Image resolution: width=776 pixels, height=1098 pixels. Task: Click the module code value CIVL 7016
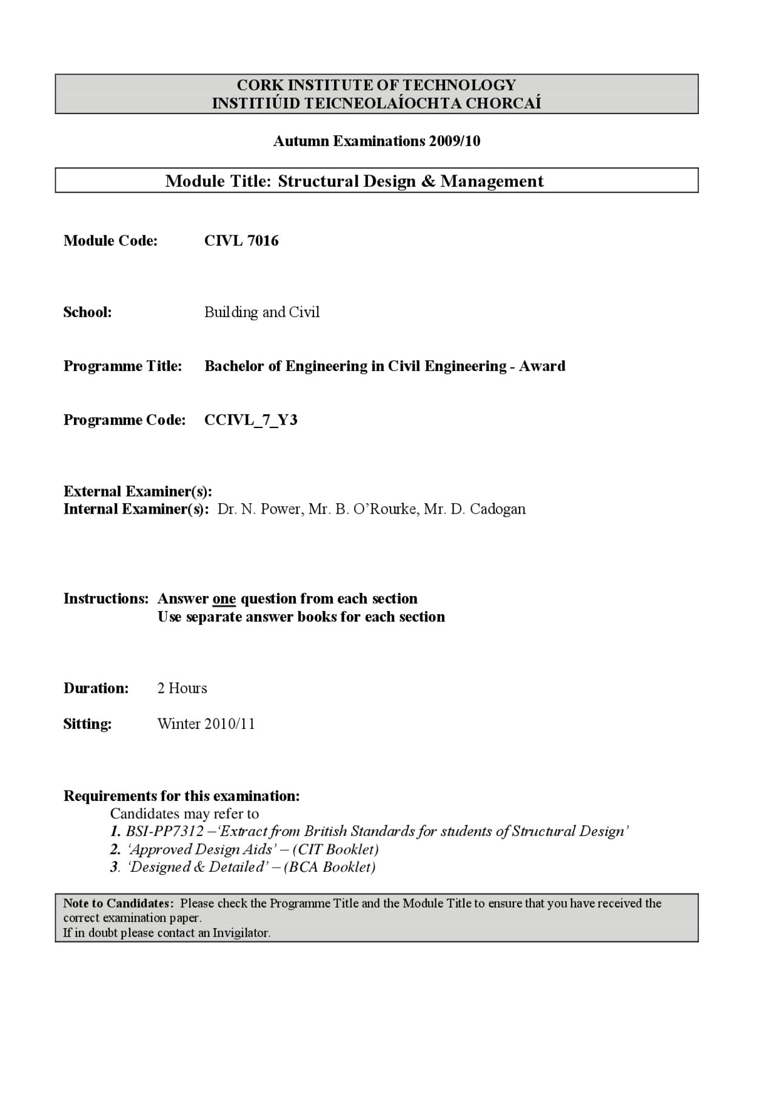(x=241, y=241)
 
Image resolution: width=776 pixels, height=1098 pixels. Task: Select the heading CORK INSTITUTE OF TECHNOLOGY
(x=376, y=85)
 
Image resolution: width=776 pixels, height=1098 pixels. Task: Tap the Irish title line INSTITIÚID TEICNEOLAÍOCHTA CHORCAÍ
(x=376, y=103)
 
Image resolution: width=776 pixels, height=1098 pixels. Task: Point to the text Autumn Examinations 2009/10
(x=376, y=141)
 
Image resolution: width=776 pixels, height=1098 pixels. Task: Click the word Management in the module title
(x=492, y=181)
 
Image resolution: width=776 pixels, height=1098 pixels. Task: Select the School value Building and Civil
(x=261, y=312)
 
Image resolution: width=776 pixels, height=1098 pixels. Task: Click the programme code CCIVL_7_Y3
(x=250, y=420)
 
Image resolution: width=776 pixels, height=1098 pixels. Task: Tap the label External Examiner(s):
(x=138, y=491)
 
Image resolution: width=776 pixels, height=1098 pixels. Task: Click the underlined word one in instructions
(x=224, y=599)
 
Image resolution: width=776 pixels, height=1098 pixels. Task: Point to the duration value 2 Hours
(x=182, y=688)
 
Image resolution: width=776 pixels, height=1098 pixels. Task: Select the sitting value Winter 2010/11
(x=206, y=724)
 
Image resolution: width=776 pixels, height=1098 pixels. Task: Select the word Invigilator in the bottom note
(x=240, y=933)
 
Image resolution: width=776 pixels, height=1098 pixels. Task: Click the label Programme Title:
(x=122, y=366)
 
